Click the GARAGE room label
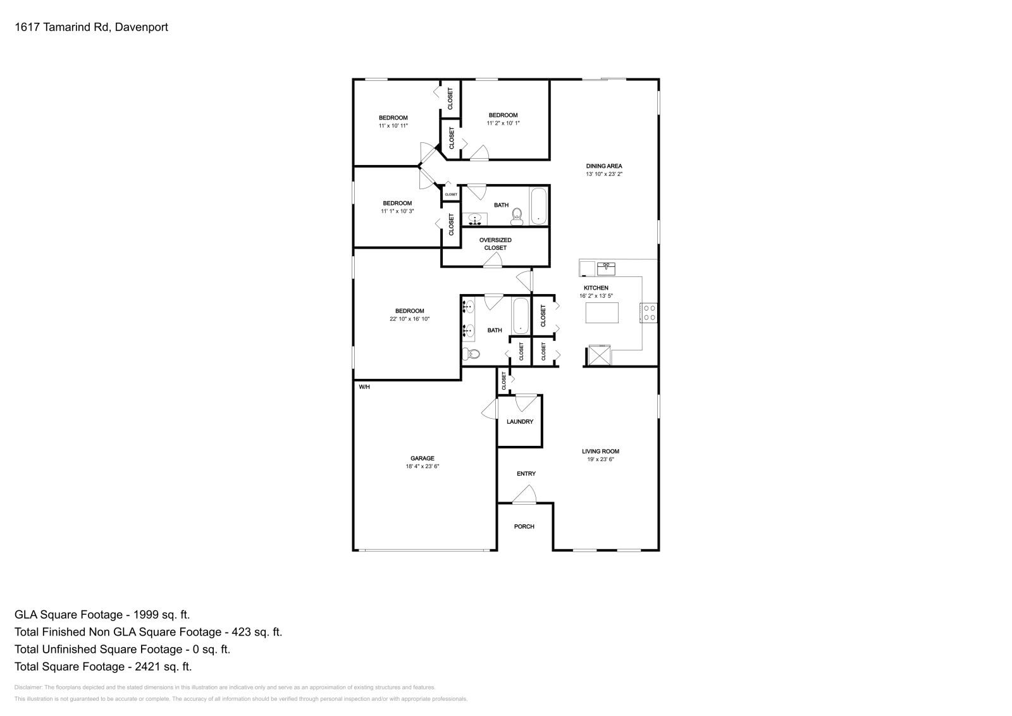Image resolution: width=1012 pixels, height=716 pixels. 422,458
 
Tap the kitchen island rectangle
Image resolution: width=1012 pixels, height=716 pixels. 602,313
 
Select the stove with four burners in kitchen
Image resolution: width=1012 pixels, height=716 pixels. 650,312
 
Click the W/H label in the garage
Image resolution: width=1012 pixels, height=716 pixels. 364,386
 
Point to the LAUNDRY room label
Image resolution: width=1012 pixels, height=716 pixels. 519,421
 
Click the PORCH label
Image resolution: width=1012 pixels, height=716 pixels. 524,526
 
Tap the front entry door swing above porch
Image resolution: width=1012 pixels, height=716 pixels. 525,495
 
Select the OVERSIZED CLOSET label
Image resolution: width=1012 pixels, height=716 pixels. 495,244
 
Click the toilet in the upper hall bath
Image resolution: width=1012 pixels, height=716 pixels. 517,217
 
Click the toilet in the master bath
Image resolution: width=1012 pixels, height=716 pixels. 471,354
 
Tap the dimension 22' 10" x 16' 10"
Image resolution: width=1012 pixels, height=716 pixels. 409,319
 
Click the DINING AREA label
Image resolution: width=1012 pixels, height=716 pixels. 603,166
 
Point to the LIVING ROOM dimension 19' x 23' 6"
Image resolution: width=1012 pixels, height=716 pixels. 600,460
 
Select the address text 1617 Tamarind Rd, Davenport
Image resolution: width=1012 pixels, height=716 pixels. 91,27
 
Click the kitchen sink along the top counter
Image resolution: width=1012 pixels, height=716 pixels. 606,268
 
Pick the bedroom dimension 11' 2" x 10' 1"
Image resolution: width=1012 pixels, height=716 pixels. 503,123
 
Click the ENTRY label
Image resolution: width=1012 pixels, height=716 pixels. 526,473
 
